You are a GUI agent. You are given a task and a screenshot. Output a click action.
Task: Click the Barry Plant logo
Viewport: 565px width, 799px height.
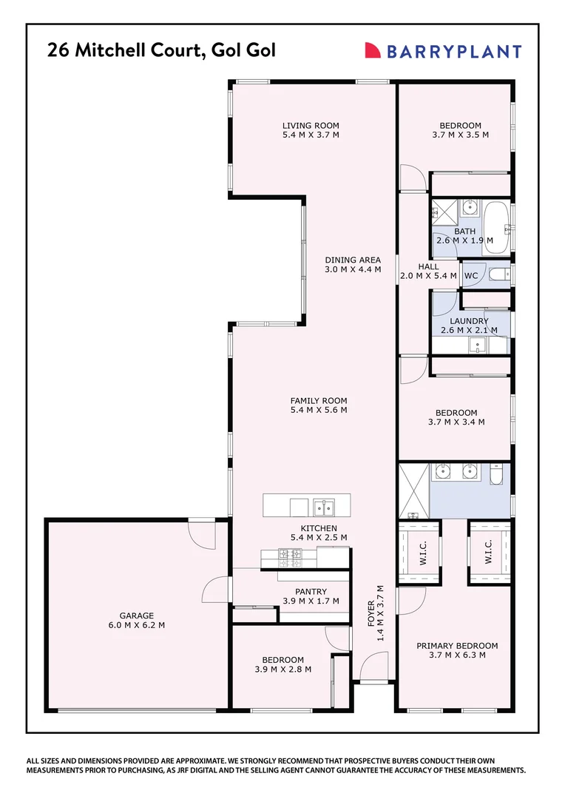[443, 51]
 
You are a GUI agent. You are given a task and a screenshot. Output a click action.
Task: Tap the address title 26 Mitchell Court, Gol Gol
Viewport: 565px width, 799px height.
[161, 50]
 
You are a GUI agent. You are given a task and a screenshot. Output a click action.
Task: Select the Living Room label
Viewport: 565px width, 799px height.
[311, 126]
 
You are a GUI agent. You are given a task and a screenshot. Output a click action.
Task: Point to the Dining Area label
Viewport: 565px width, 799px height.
[353, 260]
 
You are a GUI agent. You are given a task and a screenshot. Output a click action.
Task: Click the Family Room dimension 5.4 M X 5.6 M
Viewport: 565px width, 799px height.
[319, 410]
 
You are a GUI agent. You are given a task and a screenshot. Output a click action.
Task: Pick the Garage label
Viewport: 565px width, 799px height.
[137, 616]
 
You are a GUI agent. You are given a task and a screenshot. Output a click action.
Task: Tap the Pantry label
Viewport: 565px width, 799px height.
[311, 591]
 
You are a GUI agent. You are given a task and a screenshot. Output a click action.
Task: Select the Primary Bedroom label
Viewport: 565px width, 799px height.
[456, 645]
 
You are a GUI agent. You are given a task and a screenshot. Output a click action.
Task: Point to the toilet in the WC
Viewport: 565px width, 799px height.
[500, 275]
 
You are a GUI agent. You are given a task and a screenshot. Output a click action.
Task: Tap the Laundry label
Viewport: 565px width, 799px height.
[464, 321]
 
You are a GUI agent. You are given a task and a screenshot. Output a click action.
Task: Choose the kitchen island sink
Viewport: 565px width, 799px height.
[323, 507]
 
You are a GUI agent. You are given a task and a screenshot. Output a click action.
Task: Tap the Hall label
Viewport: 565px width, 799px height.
[428, 266]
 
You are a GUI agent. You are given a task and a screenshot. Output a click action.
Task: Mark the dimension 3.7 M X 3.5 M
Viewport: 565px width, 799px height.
[460, 135]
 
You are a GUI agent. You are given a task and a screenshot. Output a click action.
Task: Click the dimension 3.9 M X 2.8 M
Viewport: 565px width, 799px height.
[282, 669]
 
